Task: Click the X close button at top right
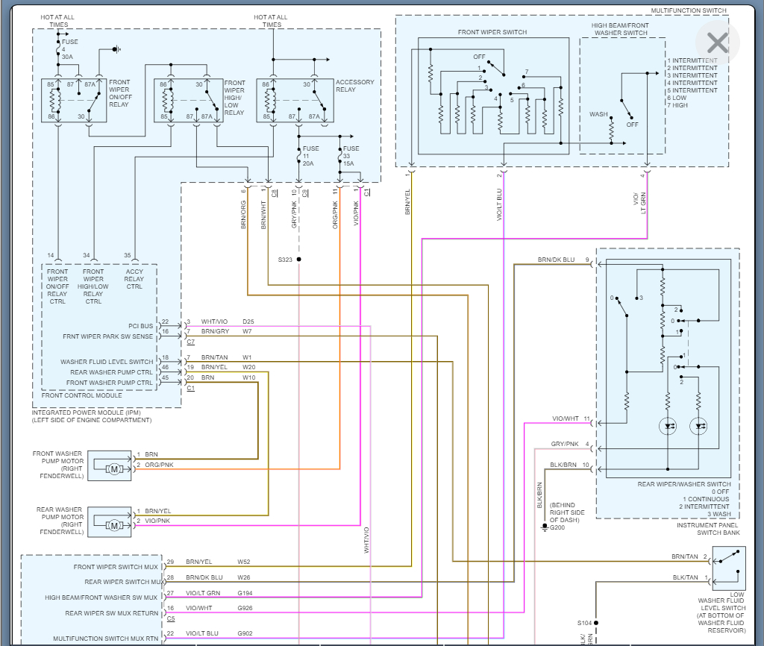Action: coord(717,42)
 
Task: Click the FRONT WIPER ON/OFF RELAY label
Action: coord(119,92)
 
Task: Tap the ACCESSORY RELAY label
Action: coord(355,86)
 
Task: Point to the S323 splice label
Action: coord(285,260)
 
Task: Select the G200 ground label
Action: coord(557,527)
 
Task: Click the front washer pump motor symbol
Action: coord(114,468)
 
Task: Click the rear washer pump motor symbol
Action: coord(114,525)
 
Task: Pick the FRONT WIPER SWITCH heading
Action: coord(492,32)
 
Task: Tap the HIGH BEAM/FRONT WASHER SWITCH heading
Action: coord(619,28)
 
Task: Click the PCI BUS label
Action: coord(140,325)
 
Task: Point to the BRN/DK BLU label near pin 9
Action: coord(556,260)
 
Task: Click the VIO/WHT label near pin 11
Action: coord(565,418)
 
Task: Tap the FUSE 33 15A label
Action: coord(351,156)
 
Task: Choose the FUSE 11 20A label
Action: coord(310,156)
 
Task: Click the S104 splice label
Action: coord(584,623)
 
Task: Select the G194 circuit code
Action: coord(245,593)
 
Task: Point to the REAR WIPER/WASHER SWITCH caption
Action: coord(684,484)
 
